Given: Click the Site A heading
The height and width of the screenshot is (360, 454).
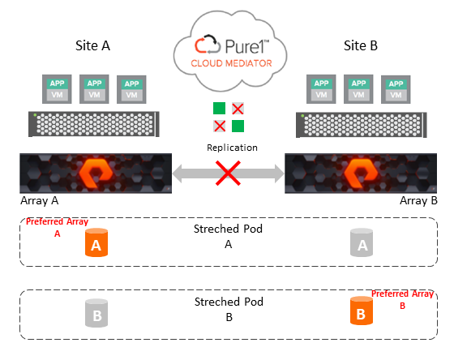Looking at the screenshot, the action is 92,45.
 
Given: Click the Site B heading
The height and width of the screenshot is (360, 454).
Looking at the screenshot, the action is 361,45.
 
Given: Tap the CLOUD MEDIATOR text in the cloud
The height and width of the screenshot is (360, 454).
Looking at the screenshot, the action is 231,63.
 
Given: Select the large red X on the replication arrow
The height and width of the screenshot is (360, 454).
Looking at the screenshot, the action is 228,173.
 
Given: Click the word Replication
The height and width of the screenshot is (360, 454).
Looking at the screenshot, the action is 232,148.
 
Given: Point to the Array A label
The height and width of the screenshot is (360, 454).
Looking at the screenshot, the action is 40,200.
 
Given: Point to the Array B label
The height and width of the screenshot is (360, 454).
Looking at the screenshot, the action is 418,200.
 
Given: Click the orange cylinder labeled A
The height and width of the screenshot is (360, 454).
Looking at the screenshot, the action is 96,242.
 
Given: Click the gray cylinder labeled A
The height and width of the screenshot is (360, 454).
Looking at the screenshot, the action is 362,242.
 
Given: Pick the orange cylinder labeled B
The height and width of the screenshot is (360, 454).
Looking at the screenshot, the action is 362,311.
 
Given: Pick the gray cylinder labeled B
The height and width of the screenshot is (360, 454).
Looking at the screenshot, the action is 96,313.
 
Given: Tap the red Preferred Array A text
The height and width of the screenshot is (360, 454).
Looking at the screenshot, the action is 57,227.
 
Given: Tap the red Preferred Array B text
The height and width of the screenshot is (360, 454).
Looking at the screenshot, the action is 402,299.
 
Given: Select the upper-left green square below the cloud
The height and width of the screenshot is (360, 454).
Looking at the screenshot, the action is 219,109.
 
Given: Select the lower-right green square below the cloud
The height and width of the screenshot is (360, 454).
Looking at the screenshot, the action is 238,126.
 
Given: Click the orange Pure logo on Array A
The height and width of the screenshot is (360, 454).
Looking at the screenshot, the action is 96,174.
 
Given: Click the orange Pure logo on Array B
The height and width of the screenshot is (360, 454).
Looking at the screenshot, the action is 361,174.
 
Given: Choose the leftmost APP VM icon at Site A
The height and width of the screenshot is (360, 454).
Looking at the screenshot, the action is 57,89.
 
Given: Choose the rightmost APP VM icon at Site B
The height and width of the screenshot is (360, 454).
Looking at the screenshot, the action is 396,89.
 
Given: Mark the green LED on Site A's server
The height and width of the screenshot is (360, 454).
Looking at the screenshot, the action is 35,115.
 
